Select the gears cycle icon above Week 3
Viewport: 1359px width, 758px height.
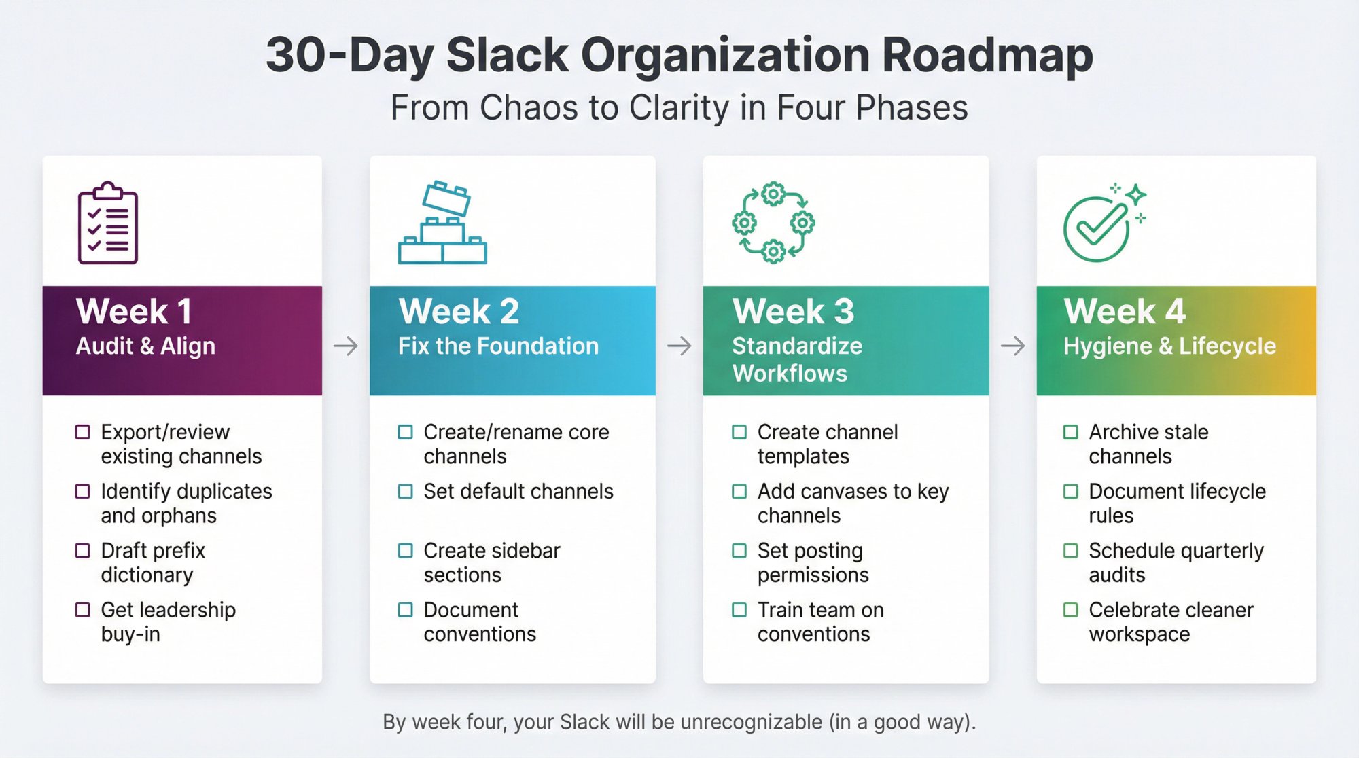tap(773, 222)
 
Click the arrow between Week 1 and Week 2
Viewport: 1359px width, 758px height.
tap(345, 346)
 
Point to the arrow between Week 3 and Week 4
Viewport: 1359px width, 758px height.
tap(1012, 346)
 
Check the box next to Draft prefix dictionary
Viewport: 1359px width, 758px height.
tap(82, 550)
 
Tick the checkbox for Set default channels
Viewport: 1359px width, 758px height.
tap(405, 491)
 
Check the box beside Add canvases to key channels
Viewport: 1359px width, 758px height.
tap(739, 491)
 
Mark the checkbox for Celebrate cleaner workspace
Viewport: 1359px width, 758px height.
tap(1070, 610)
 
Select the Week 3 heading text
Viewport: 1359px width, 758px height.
tap(793, 312)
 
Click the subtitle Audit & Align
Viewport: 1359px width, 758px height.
tap(145, 346)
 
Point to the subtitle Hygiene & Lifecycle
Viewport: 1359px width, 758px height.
tap(1169, 346)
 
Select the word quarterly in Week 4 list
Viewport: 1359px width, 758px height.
tap(1220, 551)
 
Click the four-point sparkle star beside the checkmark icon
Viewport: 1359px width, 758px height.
tap(1135, 195)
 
